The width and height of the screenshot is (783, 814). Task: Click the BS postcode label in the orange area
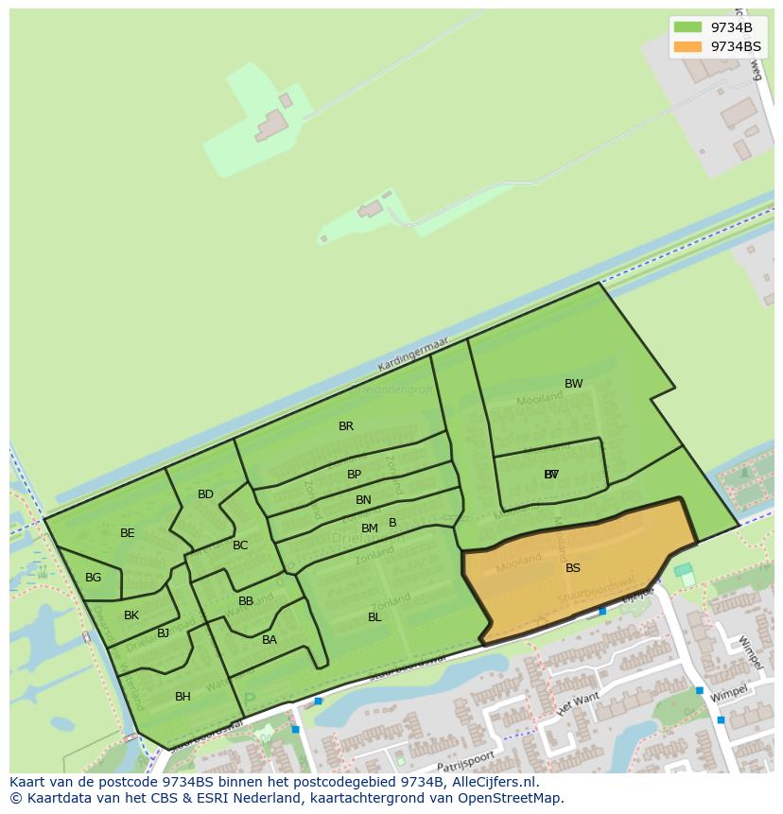[573, 568]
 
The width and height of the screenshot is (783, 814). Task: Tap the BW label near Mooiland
[574, 384]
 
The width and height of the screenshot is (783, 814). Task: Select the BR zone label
[346, 426]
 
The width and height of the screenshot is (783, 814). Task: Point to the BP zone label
[354, 475]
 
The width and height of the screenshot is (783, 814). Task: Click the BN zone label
[363, 500]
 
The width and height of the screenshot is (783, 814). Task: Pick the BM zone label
[370, 528]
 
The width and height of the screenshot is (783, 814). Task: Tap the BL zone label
[374, 617]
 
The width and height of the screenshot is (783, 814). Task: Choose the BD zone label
[205, 494]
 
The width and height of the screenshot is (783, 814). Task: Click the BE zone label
[128, 533]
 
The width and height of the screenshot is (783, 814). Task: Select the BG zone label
[93, 578]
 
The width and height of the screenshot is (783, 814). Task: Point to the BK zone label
[131, 615]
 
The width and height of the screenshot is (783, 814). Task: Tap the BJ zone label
[163, 633]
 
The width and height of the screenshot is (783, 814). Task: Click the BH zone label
[183, 697]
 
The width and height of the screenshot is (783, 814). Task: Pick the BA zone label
[270, 640]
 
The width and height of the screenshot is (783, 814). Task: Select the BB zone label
[246, 601]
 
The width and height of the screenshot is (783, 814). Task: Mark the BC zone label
[240, 546]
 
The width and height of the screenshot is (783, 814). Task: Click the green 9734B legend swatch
[688, 27]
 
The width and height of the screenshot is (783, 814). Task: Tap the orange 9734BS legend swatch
[688, 46]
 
